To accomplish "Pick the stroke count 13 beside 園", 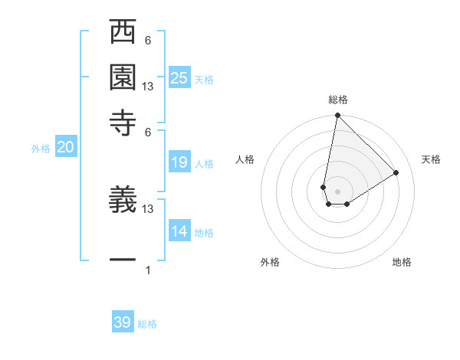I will tap(148, 87).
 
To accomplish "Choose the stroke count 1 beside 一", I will tap(147, 270).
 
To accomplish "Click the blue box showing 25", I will tap(179, 77).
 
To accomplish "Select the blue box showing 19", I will tap(179, 162).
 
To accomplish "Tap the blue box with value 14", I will tap(179, 231).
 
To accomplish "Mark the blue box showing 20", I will tap(65, 148).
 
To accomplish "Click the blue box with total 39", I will tap(123, 322).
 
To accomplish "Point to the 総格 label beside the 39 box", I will tap(147, 324).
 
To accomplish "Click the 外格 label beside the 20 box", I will tap(41, 149).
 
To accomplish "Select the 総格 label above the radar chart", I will tap(338, 100).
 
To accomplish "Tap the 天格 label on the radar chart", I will tap(432, 159).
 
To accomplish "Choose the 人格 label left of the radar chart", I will tap(245, 159).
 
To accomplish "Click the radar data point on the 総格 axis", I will tap(337, 116).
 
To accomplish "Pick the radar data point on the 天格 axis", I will tap(396, 172).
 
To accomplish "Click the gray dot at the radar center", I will tap(337, 191).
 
